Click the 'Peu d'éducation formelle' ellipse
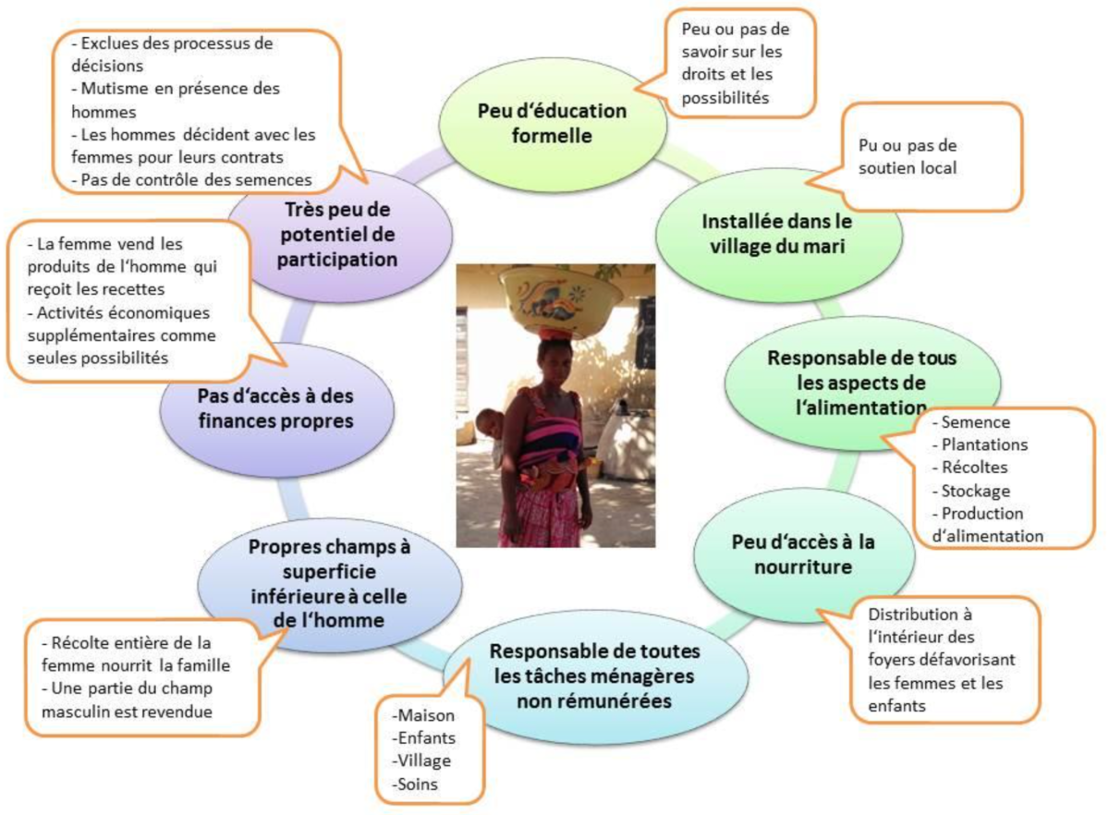[552, 123]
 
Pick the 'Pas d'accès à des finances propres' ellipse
[274, 408]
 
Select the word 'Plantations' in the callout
[984, 444]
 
